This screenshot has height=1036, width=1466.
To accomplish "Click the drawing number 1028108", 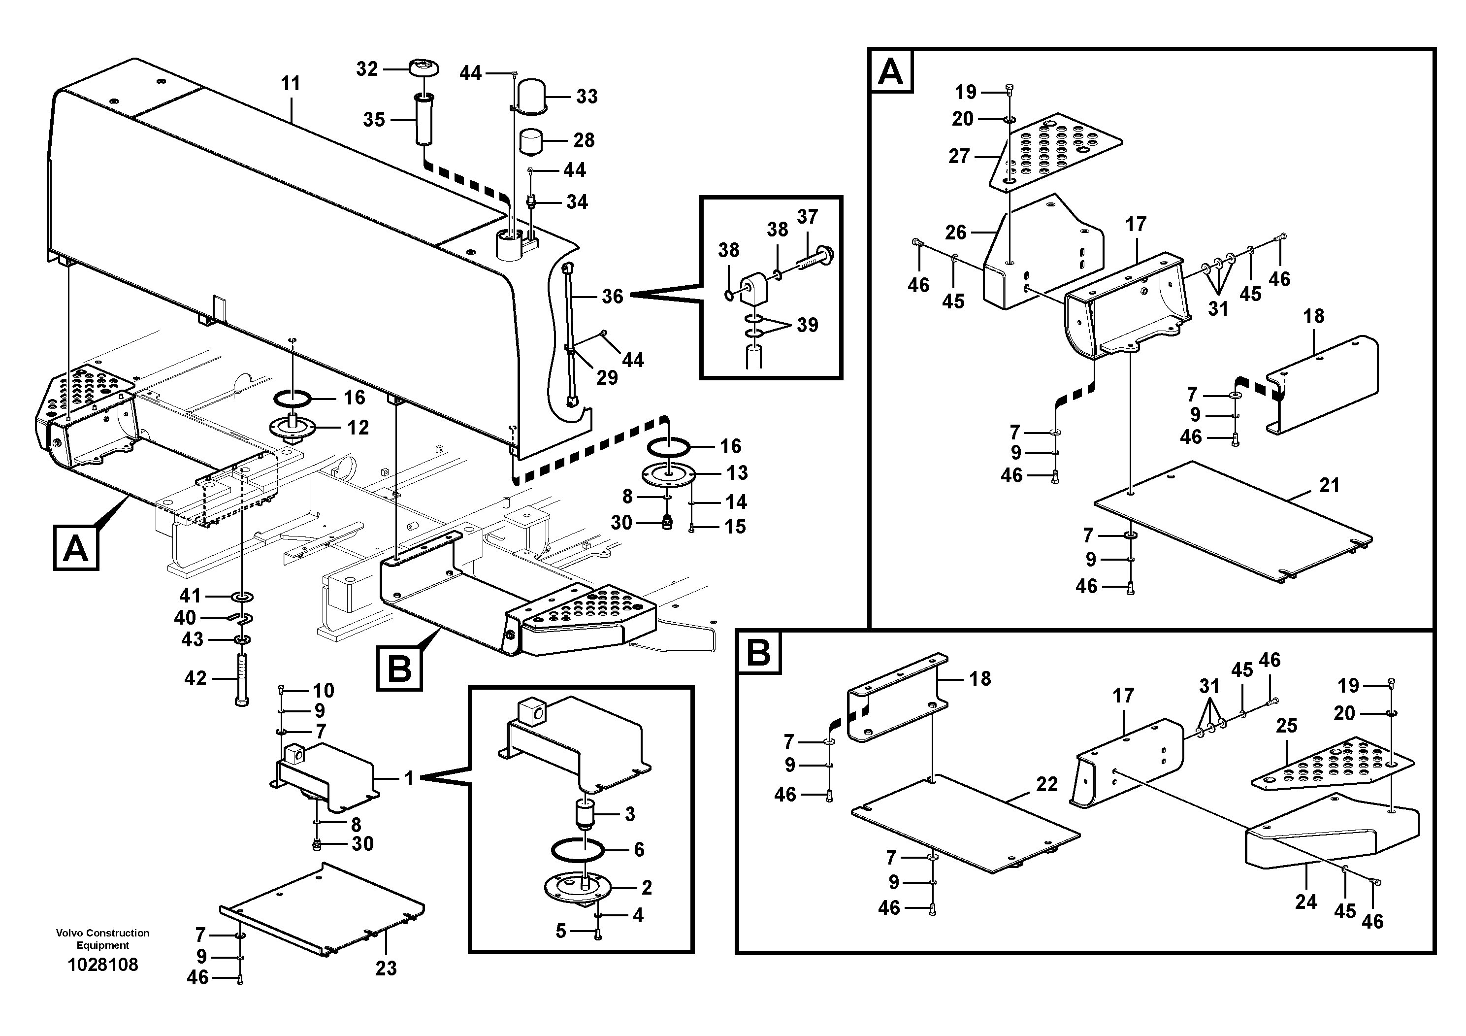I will [x=103, y=965].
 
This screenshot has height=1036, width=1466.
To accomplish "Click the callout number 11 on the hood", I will [x=291, y=84].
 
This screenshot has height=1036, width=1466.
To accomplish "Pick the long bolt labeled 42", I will [x=242, y=678].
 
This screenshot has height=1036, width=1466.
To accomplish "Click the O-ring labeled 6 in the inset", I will [x=578, y=850].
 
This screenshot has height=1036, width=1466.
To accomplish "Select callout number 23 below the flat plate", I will [x=386, y=969].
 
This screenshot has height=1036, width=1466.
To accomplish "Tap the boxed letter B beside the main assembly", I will [x=400, y=668].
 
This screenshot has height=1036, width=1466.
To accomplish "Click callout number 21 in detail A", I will [x=1330, y=485].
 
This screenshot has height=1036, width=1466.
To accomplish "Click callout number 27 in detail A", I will [x=959, y=156].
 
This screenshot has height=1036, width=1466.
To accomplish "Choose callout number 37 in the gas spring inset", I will [x=807, y=217].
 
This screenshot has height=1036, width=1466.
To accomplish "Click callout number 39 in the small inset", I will [x=807, y=325].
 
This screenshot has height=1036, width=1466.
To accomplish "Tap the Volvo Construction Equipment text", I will [x=103, y=939].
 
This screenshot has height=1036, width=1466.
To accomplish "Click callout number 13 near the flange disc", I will [x=737, y=473].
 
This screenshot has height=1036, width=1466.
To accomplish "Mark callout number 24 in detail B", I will [x=1306, y=902].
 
